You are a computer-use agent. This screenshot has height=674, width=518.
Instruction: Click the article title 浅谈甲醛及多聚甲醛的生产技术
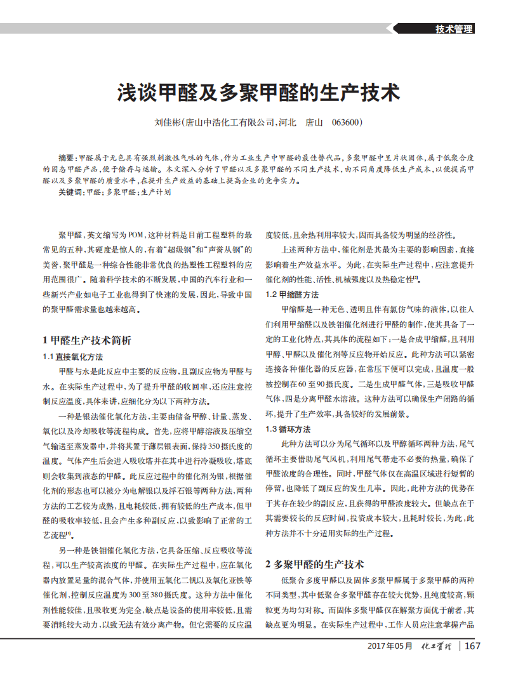(258, 93)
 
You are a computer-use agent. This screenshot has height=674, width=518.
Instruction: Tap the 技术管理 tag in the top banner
(454, 29)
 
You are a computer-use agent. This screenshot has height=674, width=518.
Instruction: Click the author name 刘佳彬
(168, 122)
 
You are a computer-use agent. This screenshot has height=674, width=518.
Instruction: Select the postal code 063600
(346, 122)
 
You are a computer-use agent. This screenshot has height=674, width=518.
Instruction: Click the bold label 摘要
(66, 157)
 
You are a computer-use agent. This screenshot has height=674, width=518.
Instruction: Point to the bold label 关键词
(70, 192)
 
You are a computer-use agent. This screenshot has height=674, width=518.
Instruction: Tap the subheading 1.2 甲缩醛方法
(291, 294)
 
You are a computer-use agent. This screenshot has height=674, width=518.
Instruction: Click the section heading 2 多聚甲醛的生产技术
(314, 564)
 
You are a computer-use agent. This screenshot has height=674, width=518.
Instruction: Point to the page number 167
(472, 646)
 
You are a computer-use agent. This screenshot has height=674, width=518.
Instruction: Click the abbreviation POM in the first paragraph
(136, 234)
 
